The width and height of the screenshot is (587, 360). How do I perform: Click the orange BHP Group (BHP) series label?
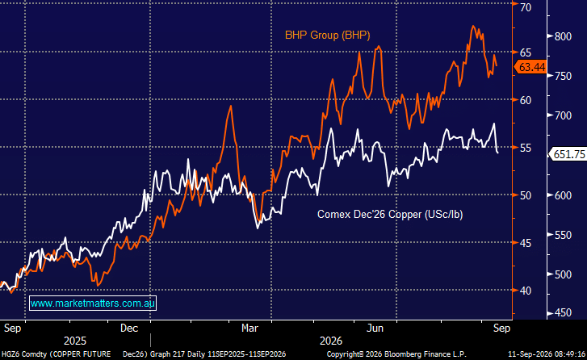[x=328, y=36]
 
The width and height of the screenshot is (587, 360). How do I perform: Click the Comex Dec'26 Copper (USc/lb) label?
[x=390, y=215]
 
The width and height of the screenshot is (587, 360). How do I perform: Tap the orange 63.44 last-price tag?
[x=530, y=67]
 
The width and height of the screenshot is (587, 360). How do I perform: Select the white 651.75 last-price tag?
[x=568, y=154]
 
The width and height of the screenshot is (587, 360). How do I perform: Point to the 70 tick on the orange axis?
[x=526, y=7]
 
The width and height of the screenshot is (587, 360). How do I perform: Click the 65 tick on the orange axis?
[x=526, y=52]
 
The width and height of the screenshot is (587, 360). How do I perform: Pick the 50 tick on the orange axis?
[x=526, y=195]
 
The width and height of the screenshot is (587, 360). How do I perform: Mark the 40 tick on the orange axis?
[x=526, y=291]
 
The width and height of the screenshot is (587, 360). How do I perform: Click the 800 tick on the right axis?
[x=563, y=36]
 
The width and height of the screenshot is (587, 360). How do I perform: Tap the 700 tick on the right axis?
[x=563, y=115]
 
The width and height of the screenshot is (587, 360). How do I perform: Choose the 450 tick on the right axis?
[x=563, y=313]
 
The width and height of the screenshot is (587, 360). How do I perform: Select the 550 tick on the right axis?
[x=563, y=235]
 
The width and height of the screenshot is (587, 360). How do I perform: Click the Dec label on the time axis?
[x=129, y=329]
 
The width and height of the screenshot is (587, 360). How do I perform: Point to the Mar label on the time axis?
[x=249, y=329]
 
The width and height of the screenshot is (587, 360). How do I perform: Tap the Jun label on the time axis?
[x=375, y=329]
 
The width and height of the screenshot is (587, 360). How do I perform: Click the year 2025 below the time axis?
[x=75, y=341]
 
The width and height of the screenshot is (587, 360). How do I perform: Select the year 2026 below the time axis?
[x=331, y=341]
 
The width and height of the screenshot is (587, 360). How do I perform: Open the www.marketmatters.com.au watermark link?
[x=93, y=303]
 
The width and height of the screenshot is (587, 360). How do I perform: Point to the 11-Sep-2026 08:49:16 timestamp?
[x=547, y=354]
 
